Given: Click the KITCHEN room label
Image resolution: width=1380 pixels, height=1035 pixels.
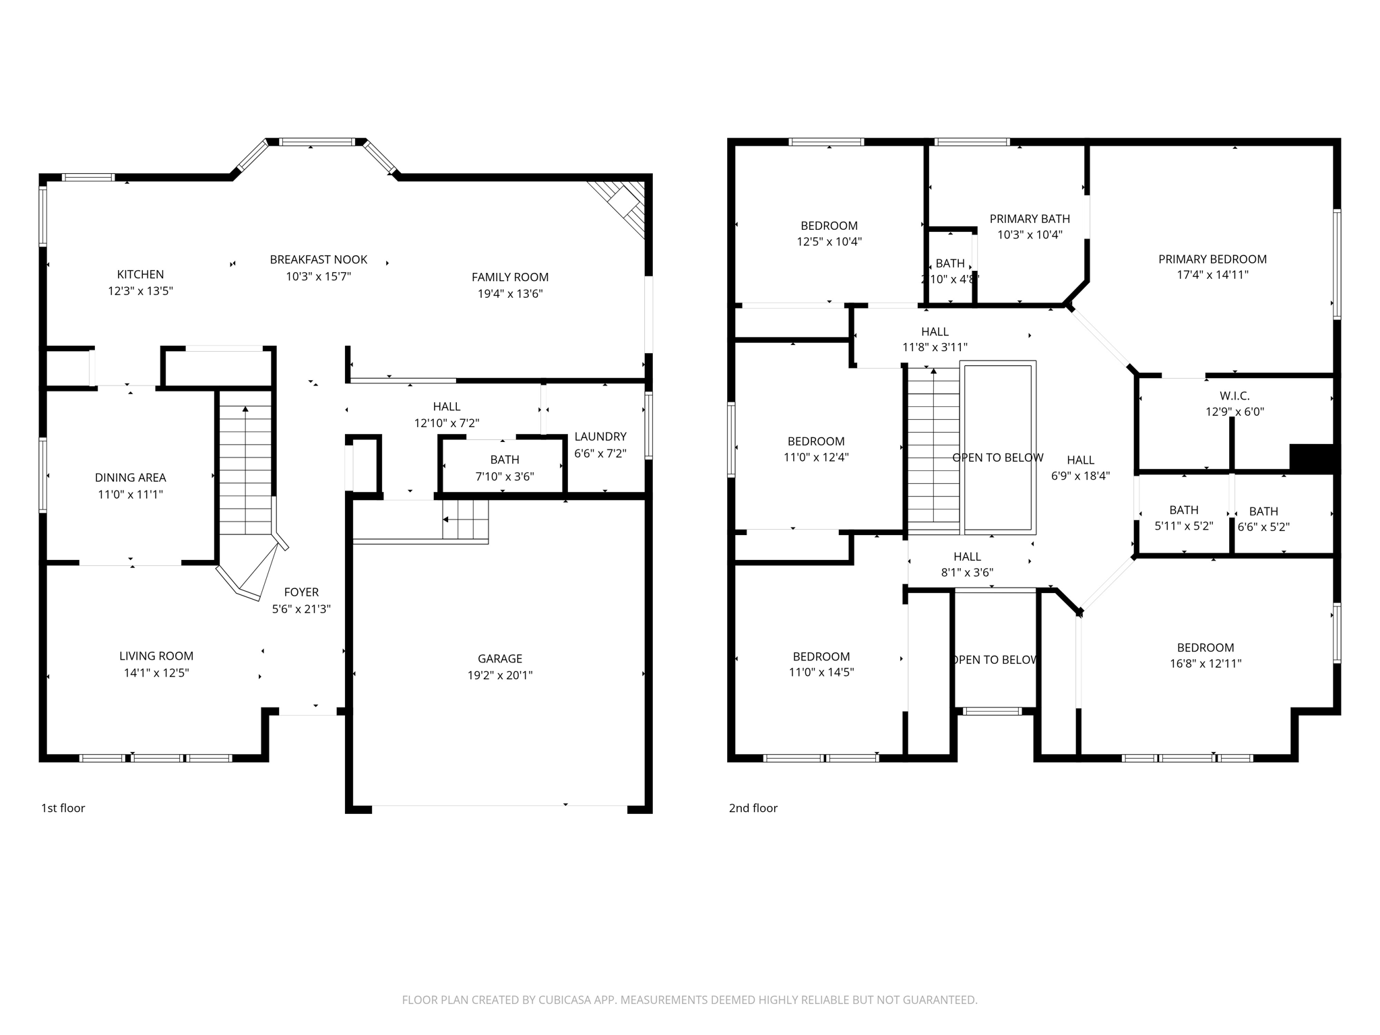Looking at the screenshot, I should [x=140, y=274].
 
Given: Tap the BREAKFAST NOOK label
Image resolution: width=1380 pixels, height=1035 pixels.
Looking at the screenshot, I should [x=318, y=259].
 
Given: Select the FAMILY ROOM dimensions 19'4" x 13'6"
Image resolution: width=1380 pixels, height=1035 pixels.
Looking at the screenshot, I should [x=509, y=294].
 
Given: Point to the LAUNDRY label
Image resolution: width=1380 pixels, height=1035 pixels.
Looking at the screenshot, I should [x=600, y=437].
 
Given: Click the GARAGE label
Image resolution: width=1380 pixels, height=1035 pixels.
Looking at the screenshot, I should [x=499, y=658].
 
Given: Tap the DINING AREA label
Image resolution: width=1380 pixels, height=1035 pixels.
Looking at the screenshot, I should [x=130, y=478].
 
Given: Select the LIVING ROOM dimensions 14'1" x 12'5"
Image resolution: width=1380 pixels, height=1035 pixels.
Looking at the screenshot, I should [x=156, y=672].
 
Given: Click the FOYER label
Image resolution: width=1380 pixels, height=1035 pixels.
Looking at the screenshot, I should [x=301, y=592].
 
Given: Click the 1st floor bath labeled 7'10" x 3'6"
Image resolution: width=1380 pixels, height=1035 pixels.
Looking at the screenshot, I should [x=504, y=468].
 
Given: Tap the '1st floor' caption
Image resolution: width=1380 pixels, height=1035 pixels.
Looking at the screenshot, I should [x=63, y=808].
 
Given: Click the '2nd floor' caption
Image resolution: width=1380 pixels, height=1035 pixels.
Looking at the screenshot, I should [x=753, y=808].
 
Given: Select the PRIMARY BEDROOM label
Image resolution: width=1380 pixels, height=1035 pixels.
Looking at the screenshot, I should [x=1212, y=259].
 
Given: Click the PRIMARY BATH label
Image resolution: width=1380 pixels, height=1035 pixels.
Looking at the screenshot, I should [x=1030, y=219].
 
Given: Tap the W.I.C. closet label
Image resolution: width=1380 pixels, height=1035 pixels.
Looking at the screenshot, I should [x=1234, y=396].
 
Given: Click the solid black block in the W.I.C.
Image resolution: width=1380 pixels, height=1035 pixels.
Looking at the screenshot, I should [x=1311, y=459].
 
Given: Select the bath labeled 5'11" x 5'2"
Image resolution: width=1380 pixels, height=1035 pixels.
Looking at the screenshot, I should [x=1183, y=517].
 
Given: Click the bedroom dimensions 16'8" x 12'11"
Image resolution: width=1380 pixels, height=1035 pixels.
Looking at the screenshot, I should [x=1205, y=664].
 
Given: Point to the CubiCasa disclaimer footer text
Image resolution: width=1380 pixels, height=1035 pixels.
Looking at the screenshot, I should [x=689, y=1000].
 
